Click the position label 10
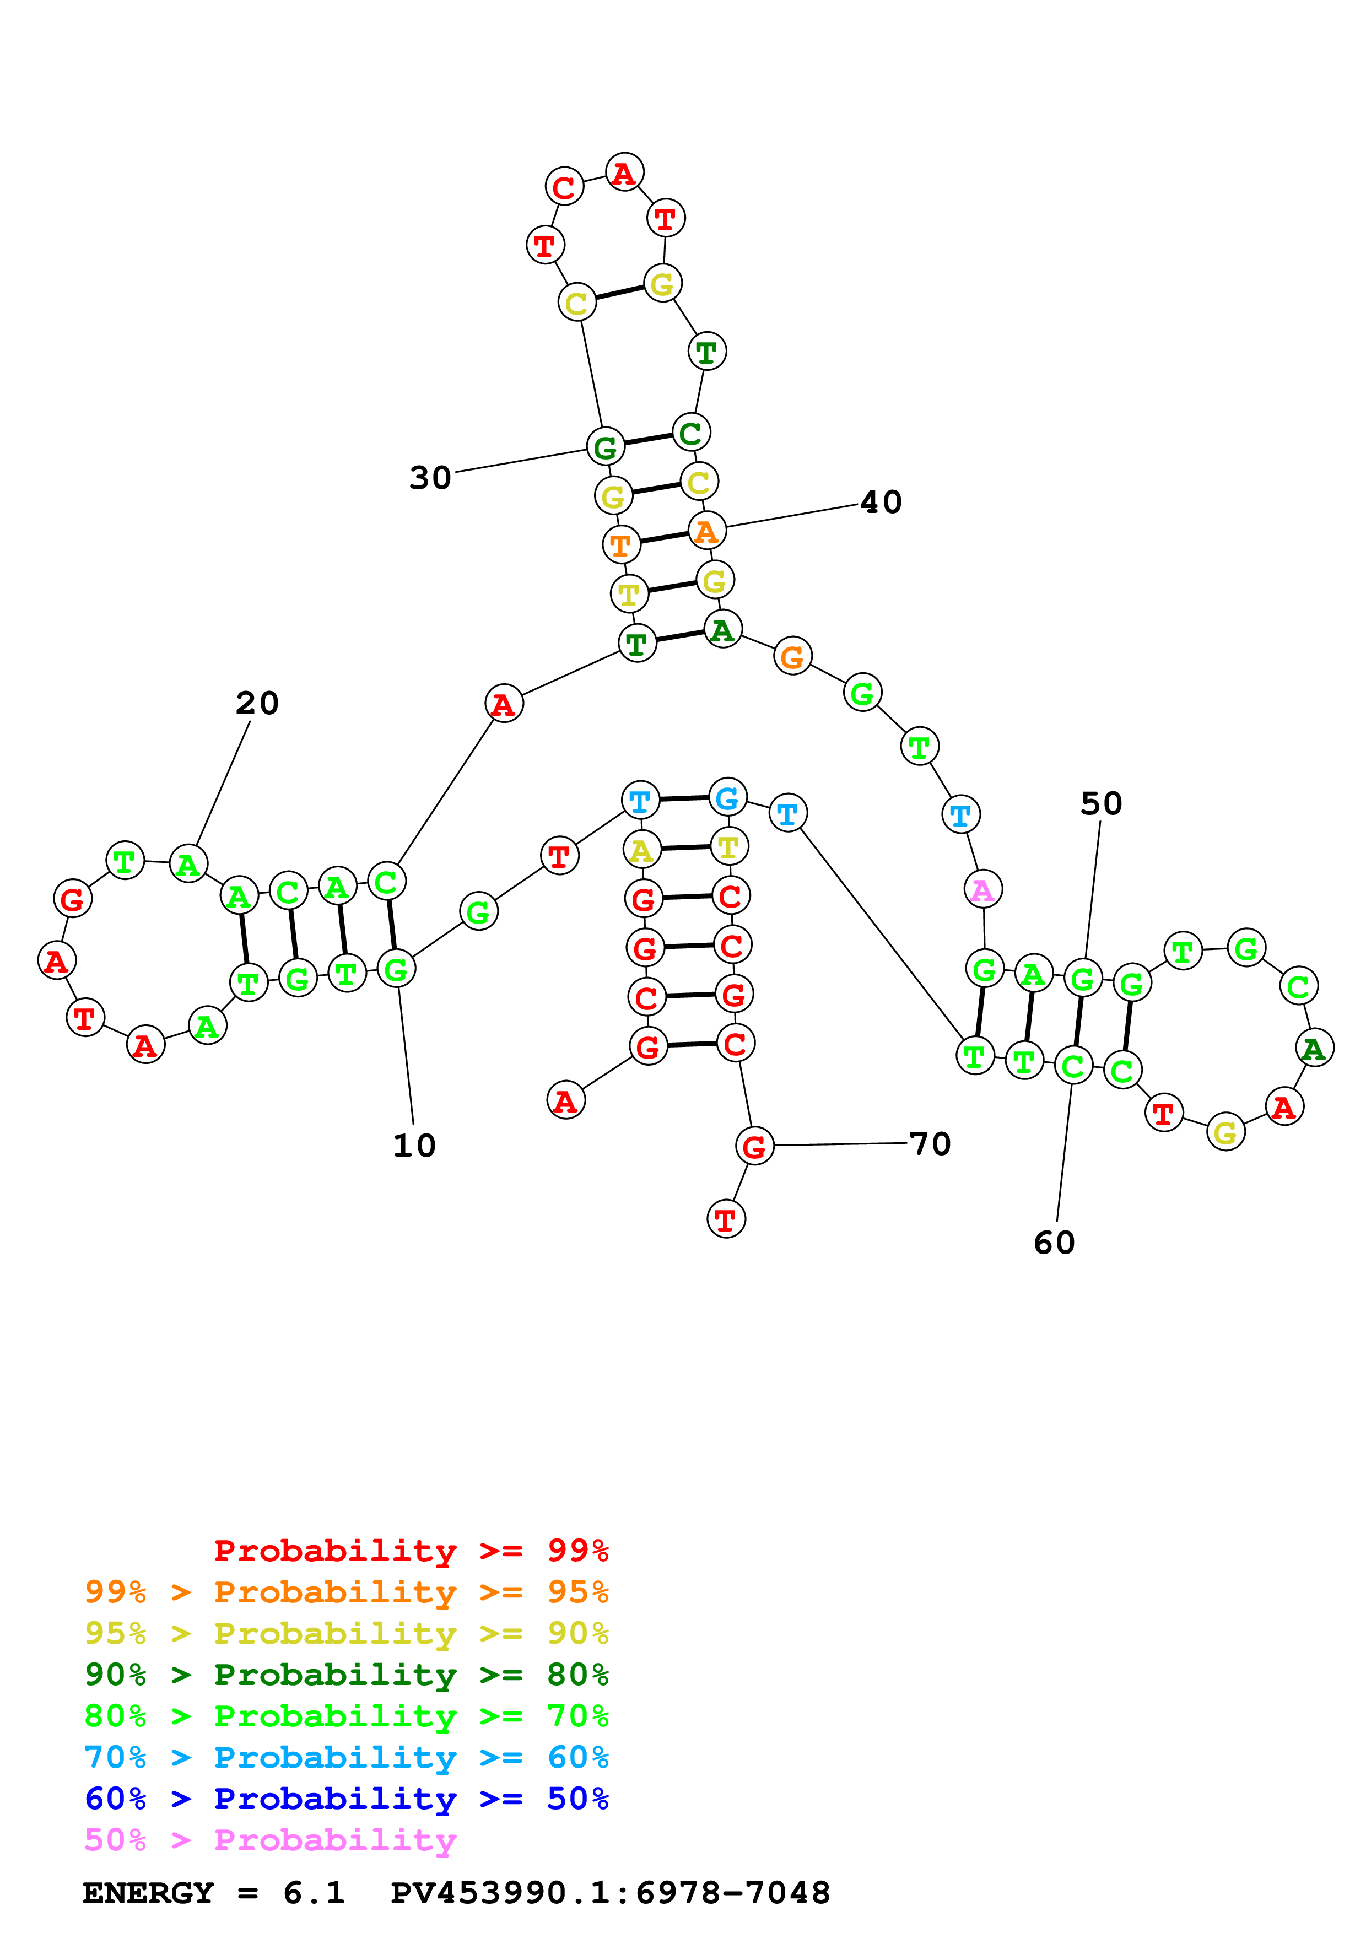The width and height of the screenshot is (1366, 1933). [x=414, y=1146]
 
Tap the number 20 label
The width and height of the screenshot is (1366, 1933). [x=257, y=703]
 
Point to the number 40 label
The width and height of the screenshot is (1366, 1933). [x=881, y=502]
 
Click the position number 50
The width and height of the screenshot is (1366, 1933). [x=1101, y=803]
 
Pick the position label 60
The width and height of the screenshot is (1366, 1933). [x=1054, y=1243]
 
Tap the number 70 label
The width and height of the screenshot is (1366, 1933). [x=930, y=1143]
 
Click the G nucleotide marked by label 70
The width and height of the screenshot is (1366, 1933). [x=754, y=1145]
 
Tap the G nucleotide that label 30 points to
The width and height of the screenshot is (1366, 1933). [x=605, y=447]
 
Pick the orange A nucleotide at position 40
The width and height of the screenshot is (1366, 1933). [x=707, y=531]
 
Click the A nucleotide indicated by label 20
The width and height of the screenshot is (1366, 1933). [x=188, y=864]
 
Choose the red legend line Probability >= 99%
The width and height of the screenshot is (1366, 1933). [x=411, y=1550]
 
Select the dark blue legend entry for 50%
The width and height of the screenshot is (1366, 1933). [x=346, y=1799]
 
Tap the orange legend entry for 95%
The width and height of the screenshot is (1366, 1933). [x=346, y=1592]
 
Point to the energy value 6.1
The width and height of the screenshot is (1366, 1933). [x=313, y=1893]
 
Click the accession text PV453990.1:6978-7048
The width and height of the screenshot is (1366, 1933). [x=610, y=1893]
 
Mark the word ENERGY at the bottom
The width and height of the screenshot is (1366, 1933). [x=148, y=1893]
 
